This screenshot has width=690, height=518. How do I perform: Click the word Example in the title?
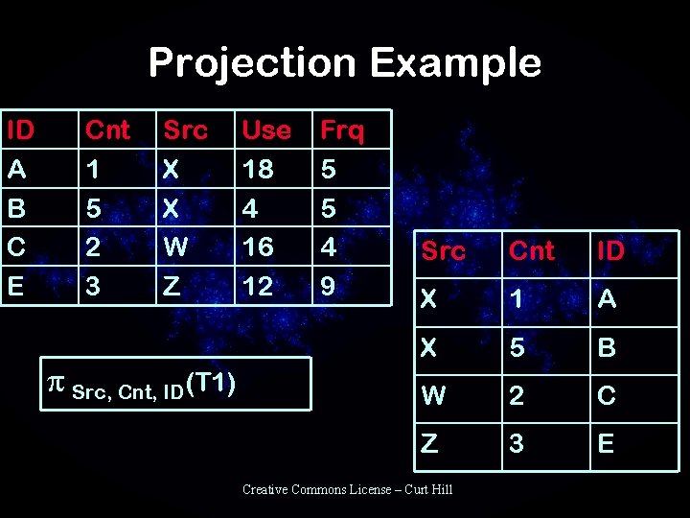[455, 63]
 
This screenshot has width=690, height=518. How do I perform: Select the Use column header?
[265, 129]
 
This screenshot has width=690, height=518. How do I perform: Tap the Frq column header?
[342, 129]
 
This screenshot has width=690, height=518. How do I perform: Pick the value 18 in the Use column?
[257, 170]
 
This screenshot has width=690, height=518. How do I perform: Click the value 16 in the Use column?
[257, 247]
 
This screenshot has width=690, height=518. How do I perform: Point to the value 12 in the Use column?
[257, 285]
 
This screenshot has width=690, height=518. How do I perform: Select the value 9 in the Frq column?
[329, 285]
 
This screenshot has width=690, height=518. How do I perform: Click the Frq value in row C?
[329, 247]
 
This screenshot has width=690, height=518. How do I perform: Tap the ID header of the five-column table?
[20, 129]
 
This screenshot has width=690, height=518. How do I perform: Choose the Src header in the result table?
[443, 251]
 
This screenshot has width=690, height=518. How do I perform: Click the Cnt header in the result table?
[532, 251]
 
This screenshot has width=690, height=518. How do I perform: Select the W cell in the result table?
[433, 395]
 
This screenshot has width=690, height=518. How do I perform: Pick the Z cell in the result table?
[429, 443]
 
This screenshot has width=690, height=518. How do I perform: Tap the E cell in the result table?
[606, 443]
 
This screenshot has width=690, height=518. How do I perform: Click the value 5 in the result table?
[517, 347]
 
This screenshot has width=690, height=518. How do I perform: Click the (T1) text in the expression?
[213, 383]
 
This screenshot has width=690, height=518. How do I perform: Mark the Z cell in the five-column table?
[171, 285]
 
